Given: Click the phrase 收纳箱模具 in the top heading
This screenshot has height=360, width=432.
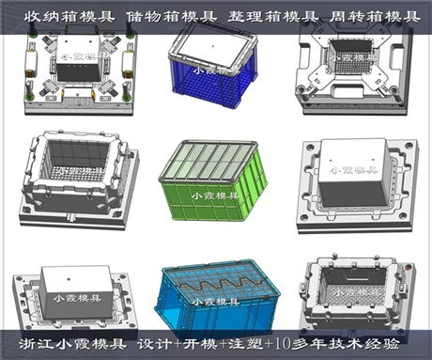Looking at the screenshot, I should [49, 16].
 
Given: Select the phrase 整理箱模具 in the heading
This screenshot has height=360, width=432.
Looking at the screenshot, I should [258, 16].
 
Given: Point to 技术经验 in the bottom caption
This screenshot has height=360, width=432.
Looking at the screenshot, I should [380, 343].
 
